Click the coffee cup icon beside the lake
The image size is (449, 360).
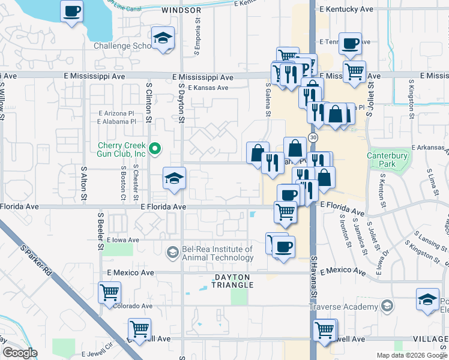[x=72, y=11]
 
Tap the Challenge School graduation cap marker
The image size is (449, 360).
[x=163, y=38]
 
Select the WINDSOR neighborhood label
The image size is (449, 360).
[x=181, y=11]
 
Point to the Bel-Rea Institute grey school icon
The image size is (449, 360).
[x=173, y=252]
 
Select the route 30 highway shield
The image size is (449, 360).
[x=313, y=137]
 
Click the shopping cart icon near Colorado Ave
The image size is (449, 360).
[x=110, y=293]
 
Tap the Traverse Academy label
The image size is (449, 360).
[x=343, y=307]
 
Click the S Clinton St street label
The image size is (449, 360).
[x=149, y=102]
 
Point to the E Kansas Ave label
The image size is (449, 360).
[x=208, y=88]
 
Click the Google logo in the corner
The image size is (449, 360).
[x=20, y=353]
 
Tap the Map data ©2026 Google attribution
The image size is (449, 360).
[x=411, y=355]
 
